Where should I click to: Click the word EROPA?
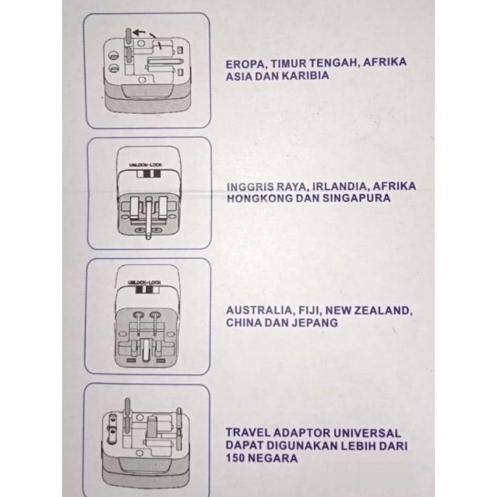click(245, 63)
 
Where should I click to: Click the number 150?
click(237, 459)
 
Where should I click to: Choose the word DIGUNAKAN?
click(297, 446)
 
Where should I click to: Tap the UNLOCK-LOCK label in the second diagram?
click(145, 163)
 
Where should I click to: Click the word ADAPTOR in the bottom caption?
click(301, 433)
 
